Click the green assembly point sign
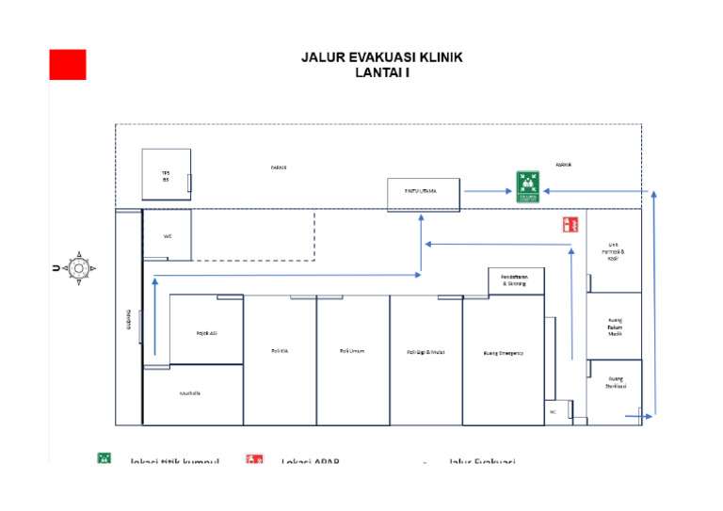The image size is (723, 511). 526,186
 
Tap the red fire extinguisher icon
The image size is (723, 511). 570,224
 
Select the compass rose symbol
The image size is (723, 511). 79,268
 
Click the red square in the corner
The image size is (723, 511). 68,64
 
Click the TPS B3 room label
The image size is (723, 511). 166,176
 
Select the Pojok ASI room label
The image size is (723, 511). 207,332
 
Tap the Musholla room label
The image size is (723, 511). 190,392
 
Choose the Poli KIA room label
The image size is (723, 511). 280,351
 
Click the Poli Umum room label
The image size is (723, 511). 352,351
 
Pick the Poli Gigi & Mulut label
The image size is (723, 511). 426,352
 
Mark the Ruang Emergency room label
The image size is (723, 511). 503,353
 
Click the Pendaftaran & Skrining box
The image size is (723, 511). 515,280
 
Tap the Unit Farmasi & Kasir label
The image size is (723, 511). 614,251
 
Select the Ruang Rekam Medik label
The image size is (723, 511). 615,327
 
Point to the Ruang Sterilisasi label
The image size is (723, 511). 616,383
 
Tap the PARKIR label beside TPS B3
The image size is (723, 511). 279,168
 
